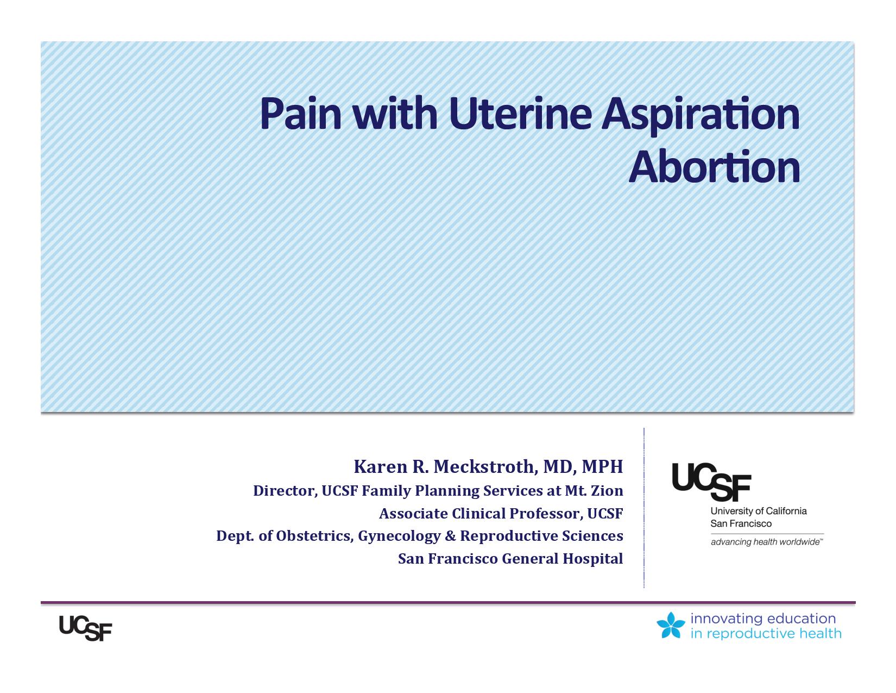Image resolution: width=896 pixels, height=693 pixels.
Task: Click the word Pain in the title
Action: (x=301, y=114)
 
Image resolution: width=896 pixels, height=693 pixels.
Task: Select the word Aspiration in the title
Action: (x=701, y=116)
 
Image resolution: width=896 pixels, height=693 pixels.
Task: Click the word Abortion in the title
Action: (x=714, y=167)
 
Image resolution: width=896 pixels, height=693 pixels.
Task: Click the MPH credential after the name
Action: (x=602, y=467)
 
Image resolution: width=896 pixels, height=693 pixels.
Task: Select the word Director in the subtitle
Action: (x=285, y=491)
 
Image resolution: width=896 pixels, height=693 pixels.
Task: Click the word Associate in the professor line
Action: (x=413, y=514)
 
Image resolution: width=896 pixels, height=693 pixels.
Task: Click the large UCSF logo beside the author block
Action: (x=711, y=482)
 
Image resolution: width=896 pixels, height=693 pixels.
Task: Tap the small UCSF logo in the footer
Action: (x=85, y=628)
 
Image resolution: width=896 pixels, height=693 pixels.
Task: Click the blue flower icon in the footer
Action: (x=671, y=625)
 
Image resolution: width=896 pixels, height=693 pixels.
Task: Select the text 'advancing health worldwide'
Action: (x=766, y=542)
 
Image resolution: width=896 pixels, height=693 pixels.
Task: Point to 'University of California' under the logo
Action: (x=758, y=511)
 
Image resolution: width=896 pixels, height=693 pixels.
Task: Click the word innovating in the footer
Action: (x=727, y=619)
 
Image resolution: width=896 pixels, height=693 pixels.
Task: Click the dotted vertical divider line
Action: (x=643, y=508)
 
